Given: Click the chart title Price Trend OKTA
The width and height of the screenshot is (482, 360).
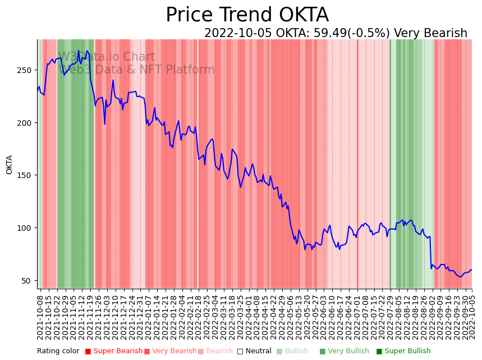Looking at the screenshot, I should pos(247,15).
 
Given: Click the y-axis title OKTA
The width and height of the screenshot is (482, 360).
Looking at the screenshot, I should pos(10,165).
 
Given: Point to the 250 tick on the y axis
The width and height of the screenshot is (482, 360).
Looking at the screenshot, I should pos(26,70).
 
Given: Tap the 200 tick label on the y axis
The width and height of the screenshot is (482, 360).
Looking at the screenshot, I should pos(26,122).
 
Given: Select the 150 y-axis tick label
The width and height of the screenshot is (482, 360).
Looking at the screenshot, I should pos(26,175).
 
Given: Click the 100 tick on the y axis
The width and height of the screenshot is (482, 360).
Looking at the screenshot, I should pos(26,228).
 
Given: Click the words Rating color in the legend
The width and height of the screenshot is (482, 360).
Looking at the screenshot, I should pos(58,352).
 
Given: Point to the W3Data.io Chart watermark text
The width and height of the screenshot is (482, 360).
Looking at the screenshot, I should pos(107,57).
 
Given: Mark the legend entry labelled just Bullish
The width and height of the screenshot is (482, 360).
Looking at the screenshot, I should pos(293,352).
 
